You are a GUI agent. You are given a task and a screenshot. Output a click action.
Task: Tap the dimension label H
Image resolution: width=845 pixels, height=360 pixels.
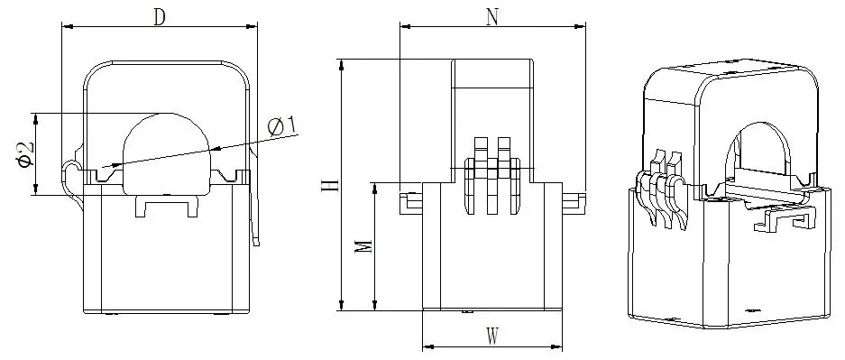[331, 186]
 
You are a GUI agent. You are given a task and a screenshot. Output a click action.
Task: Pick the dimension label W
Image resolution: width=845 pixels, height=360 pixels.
[492, 337]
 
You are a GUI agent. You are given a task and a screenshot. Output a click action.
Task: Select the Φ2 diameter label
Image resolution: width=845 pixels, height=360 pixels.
[26, 153]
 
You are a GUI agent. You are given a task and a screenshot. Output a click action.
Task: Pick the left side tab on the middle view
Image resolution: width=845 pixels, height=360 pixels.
[410, 200]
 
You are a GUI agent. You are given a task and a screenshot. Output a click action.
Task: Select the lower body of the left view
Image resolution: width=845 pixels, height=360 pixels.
[167, 262]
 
